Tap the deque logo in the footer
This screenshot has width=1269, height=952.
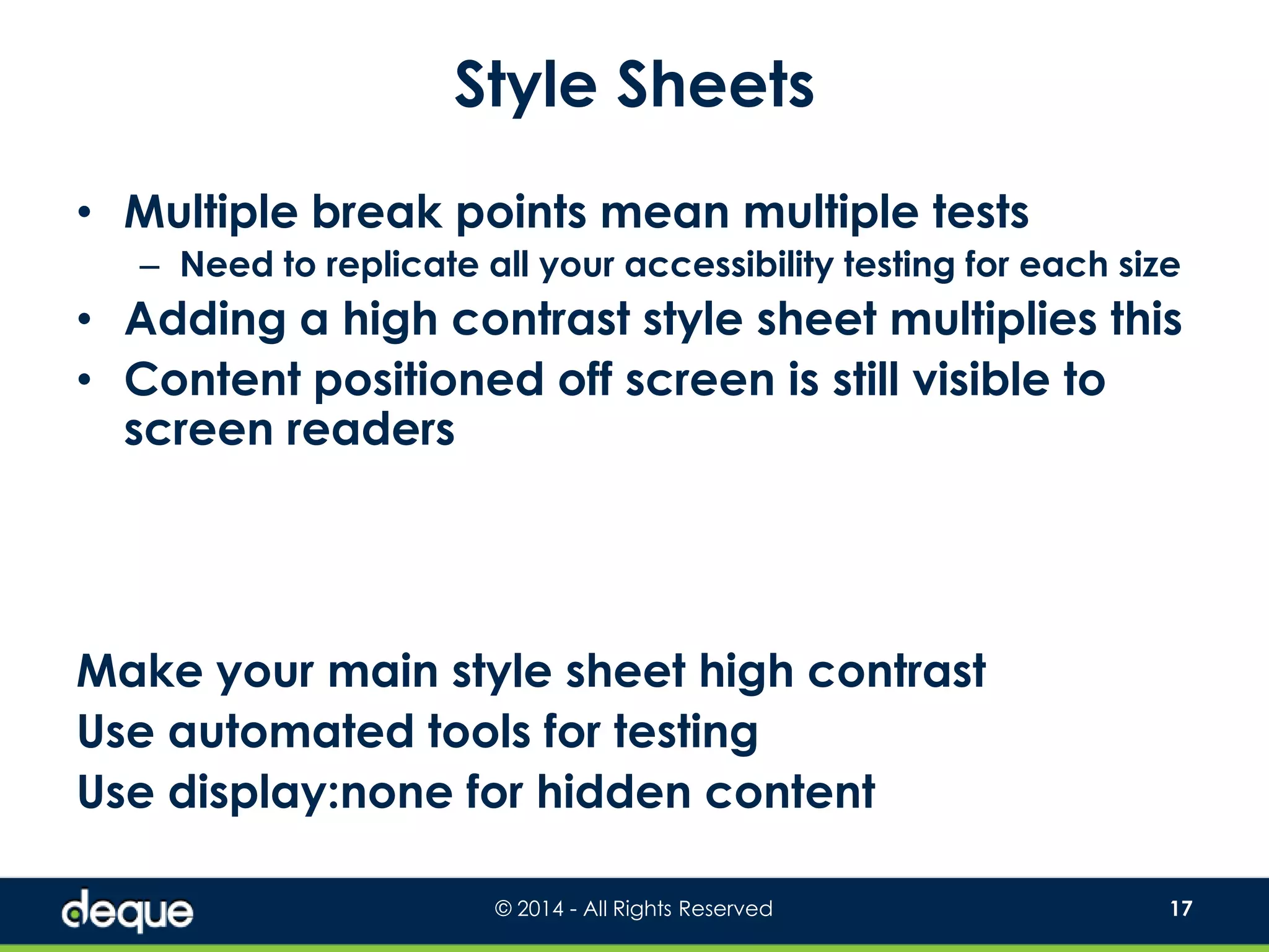pyautogui.click(x=127, y=910)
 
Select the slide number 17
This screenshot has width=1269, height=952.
pyautogui.click(x=1181, y=909)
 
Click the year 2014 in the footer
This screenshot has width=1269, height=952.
pyautogui.click(x=540, y=909)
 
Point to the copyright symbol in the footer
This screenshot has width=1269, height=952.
pyautogui.click(x=503, y=909)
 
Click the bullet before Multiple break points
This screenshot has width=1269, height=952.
pyautogui.click(x=85, y=213)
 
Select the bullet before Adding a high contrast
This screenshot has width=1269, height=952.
pyautogui.click(x=85, y=320)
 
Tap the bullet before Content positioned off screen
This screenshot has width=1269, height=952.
pyautogui.click(x=85, y=379)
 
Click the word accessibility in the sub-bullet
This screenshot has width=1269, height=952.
pyautogui.click(x=729, y=265)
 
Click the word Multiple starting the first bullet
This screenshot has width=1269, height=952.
pyautogui.click(x=211, y=213)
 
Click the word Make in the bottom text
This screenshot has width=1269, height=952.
pyautogui.click(x=139, y=671)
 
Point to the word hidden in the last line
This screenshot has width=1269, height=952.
pyautogui.click(x=613, y=792)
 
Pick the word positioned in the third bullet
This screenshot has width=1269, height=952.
pyautogui.click(x=429, y=379)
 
